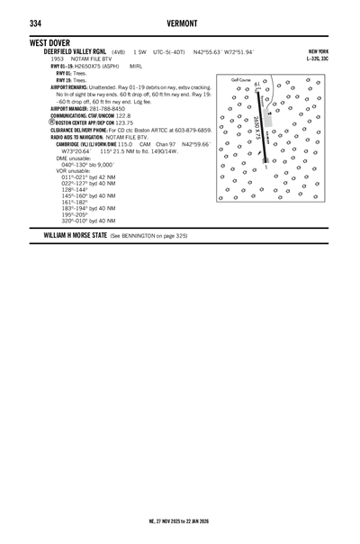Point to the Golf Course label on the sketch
coord(240,80)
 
